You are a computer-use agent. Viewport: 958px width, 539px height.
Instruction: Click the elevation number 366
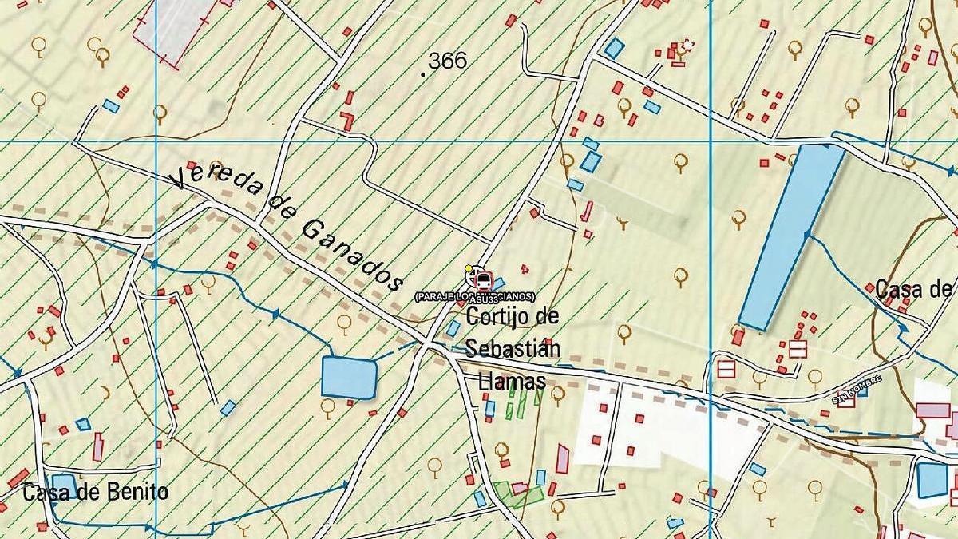(x=449, y=61)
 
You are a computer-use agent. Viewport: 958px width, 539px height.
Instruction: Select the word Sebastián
(x=513, y=349)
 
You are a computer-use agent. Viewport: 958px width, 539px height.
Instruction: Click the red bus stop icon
(x=484, y=280)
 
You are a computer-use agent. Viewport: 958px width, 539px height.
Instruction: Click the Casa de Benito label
(x=96, y=492)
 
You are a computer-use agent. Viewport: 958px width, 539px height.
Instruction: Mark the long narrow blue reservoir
(x=790, y=236)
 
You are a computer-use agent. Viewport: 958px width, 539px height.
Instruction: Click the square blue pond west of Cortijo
(x=349, y=377)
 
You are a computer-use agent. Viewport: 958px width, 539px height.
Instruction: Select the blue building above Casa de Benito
(x=64, y=484)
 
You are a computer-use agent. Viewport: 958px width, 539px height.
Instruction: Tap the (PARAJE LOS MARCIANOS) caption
(x=474, y=297)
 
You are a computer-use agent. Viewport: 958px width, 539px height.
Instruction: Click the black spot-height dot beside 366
(x=422, y=73)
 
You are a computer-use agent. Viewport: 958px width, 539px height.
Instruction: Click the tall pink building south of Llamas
(x=563, y=458)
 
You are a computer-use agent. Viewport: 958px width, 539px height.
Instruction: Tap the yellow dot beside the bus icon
(x=469, y=269)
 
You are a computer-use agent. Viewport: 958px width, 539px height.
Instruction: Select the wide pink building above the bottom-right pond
(x=932, y=410)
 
